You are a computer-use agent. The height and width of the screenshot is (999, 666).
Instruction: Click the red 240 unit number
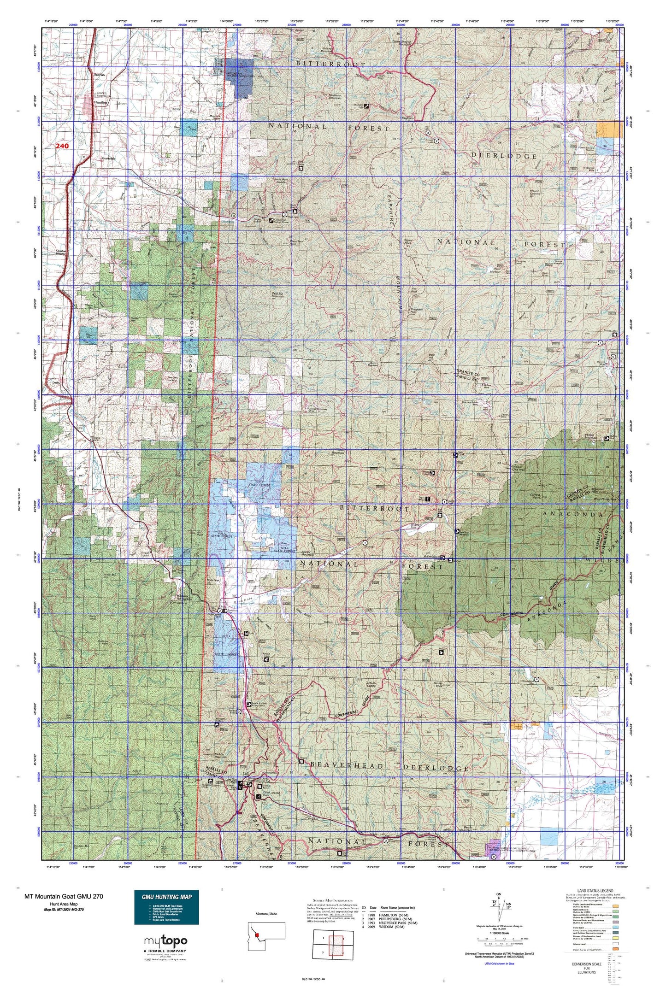pyautogui.click(x=62, y=146)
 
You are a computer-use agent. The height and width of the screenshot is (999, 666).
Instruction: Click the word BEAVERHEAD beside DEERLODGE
pyautogui.click(x=347, y=765)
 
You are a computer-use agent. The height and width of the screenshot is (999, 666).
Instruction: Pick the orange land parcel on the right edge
pyautogui.click(x=608, y=129)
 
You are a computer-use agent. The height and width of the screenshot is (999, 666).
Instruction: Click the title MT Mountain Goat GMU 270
pyautogui.click(x=64, y=896)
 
